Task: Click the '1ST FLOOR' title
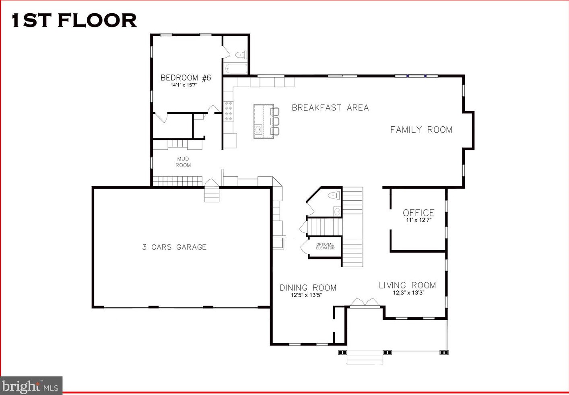click(74, 20)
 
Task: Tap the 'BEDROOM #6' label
click(186, 78)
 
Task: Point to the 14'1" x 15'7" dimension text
click(184, 85)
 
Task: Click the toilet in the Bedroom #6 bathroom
click(241, 55)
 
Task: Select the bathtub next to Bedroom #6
click(236, 68)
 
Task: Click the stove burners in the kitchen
click(229, 111)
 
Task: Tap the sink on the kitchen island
click(259, 129)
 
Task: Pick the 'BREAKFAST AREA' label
click(330, 108)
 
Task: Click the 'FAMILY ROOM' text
click(421, 130)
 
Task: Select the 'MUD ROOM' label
click(183, 162)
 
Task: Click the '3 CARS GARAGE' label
click(174, 247)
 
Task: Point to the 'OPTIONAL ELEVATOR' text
click(325, 246)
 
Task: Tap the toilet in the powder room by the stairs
click(334, 195)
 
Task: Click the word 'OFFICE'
click(419, 213)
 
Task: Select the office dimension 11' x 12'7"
click(419, 220)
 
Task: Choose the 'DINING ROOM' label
click(308, 288)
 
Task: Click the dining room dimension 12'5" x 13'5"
click(306, 295)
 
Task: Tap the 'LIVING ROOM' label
click(408, 285)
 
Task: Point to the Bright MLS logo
click(31, 386)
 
